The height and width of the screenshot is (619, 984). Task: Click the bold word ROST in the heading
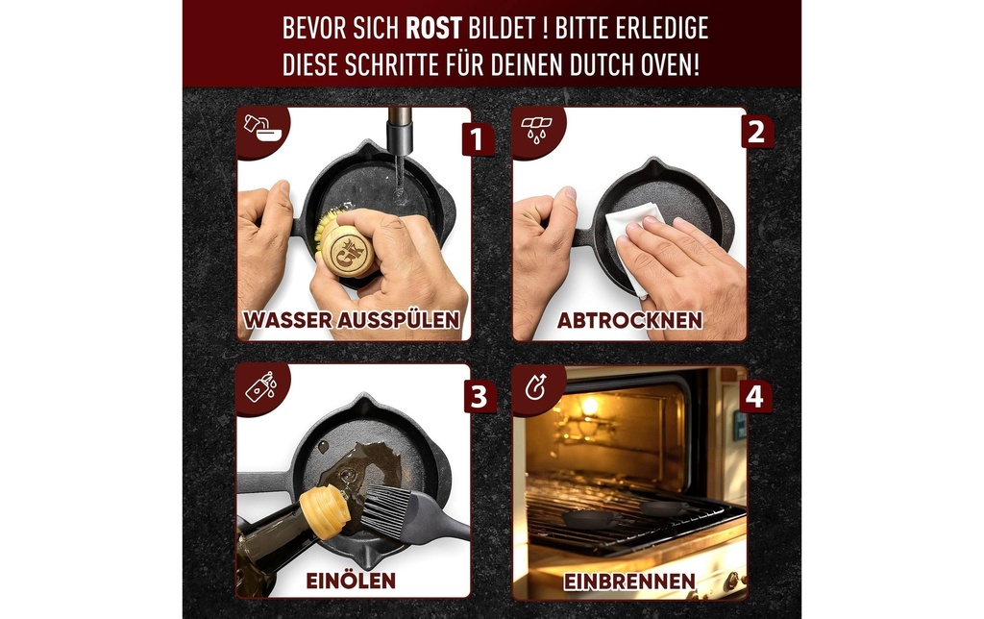tap(434, 28)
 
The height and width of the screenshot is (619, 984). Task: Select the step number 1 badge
tap(477, 139)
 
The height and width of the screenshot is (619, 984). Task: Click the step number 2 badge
tap(756, 132)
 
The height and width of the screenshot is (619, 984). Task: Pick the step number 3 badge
tap(480, 397)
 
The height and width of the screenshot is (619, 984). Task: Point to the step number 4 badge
tap(755, 397)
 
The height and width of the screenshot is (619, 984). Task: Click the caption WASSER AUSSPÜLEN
tap(352, 319)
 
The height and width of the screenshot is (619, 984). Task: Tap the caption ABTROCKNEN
tap(629, 320)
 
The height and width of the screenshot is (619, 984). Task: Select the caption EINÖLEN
tap(351, 581)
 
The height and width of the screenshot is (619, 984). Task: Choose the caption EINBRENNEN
tap(628, 582)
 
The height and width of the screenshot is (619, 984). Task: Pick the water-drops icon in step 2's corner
tap(535, 128)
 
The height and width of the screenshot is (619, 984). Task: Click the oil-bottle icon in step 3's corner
tap(261, 386)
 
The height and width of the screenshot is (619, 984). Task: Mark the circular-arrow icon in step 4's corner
tap(536, 386)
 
